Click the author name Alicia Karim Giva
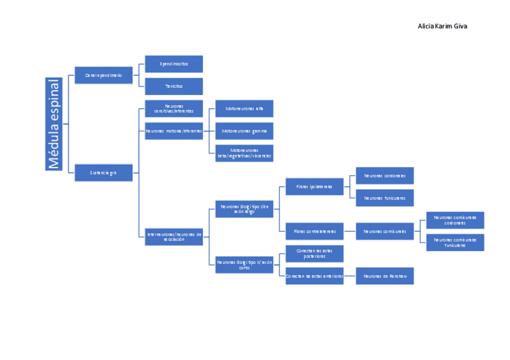(442, 26)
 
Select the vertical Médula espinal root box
(54, 124)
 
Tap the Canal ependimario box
(103, 75)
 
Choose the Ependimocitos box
(174, 64)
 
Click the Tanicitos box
(174, 86)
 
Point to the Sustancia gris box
(103, 172)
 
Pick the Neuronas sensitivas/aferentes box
(174, 108)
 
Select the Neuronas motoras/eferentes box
(174, 130)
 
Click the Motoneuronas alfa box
(244, 108)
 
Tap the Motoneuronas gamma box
(244, 130)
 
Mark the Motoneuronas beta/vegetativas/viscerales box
(244, 153)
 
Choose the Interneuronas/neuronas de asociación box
(174, 236)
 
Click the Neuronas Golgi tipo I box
(244, 209)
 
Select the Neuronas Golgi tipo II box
(244, 264)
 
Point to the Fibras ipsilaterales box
(315, 186)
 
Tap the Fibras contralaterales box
(315, 231)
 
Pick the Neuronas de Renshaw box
(385, 276)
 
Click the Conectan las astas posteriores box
(315, 254)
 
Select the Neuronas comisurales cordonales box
(455, 220)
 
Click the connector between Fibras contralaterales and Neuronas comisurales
(349, 231)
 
